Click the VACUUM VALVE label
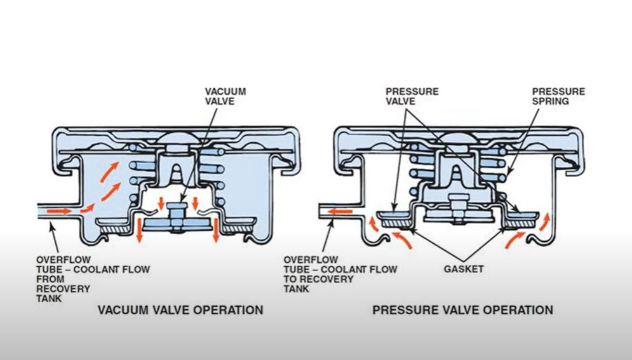(x=225, y=97)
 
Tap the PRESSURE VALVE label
(x=412, y=97)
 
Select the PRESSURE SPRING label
(x=558, y=97)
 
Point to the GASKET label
(x=464, y=269)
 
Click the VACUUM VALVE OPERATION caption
(x=180, y=310)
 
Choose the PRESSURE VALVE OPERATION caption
(x=462, y=310)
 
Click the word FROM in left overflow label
(x=50, y=279)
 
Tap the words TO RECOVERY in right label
(x=318, y=279)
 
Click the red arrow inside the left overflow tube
(x=59, y=211)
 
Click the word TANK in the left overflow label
(x=49, y=298)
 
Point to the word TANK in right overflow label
(x=296, y=289)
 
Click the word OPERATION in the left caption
(x=228, y=310)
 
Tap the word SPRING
(x=550, y=101)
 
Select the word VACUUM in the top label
(x=225, y=91)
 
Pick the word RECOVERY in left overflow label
(x=64, y=289)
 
